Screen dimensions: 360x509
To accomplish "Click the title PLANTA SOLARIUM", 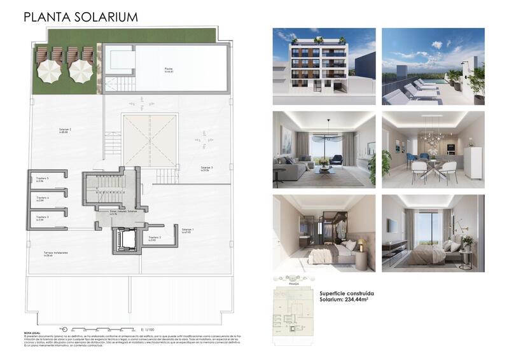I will pos(80,17).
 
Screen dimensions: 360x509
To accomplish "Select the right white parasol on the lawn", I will pos(81,70).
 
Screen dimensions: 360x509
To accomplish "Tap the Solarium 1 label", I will pos(188,230).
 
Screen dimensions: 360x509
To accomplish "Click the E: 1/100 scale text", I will pos(147,329).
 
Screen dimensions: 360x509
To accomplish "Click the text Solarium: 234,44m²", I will pos(347,301).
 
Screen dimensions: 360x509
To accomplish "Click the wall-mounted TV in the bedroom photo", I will pos(392,226).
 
